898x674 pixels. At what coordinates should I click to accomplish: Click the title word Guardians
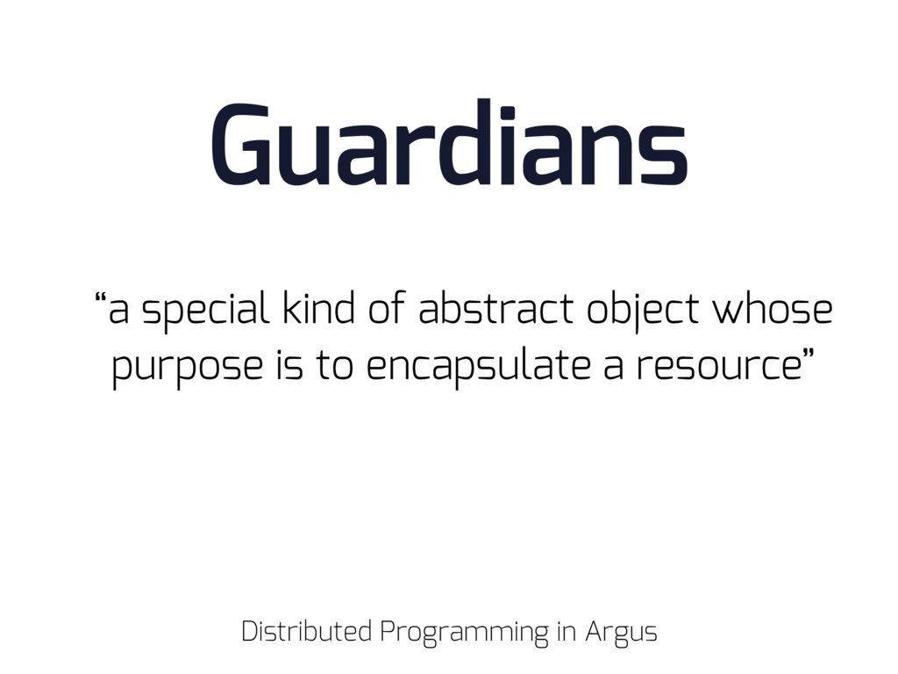pyautogui.click(x=450, y=142)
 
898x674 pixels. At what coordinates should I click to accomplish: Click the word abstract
pyautogui.click(x=496, y=307)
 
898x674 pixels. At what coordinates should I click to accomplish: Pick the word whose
pyautogui.click(x=772, y=307)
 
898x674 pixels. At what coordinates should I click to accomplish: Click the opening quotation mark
pyautogui.click(x=100, y=298)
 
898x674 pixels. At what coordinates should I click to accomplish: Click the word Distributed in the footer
pyautogui.click(x=306, y=631)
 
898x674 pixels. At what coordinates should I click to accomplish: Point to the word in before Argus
pyautogui.click(x=566, y=631)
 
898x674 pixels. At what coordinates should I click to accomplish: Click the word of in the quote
pyautogui.click(x=387, y=307)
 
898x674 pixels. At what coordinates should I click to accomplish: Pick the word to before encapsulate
pyautogui.click(x=334, y=367)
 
